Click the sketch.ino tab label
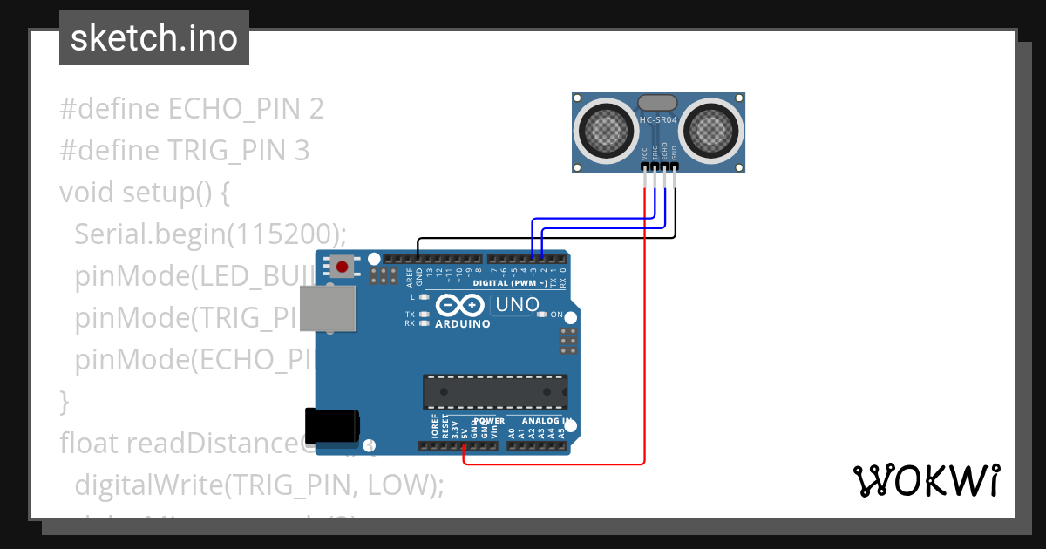(153, 38)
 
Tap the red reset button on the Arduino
(343, 267)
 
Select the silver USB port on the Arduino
(329, 308)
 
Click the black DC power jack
(331, 424)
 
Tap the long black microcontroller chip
(495, 391)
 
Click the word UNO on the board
(516, 305)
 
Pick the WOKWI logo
(926, 480)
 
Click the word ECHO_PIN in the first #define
(234, 109)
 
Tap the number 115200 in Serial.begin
(280, 234)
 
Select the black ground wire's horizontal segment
(540, 238)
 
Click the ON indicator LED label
(557, 315)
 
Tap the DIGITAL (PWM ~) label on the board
(510, 283)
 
